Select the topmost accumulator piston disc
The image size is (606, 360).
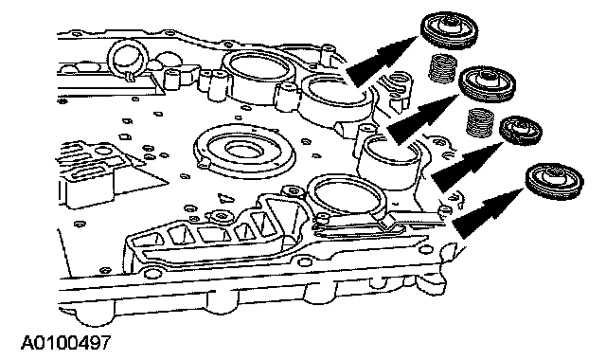tap(449, 30)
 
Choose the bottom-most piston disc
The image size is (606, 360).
tap(555, 181)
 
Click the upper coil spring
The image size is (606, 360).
tap(443, 68)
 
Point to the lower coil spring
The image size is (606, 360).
tap(479, 122)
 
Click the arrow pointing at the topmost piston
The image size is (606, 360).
tap(381, 61)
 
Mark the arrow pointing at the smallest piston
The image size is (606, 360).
tap(466, 167)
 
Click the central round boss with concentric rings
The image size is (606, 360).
tap(245, 151)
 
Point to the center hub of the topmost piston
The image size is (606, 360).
tap(450, 26)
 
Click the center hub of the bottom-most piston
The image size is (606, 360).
tap(554, 177)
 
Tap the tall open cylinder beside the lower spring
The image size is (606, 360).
tap(389, 162)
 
